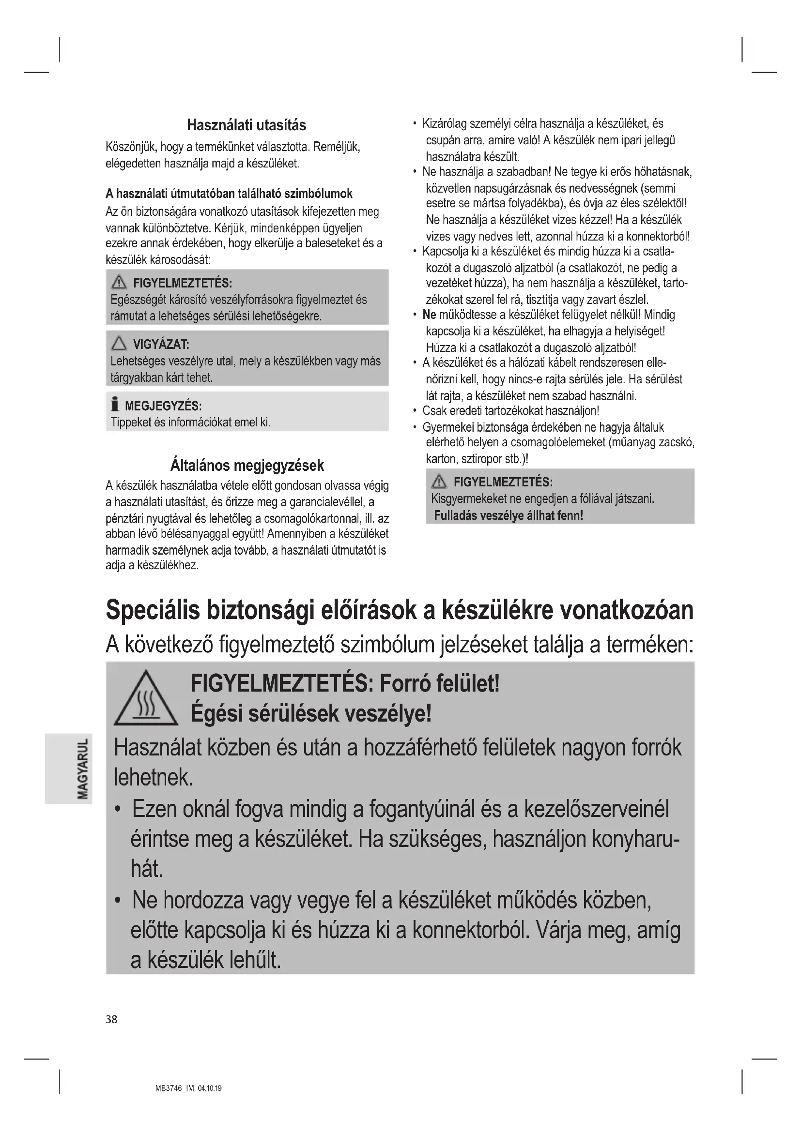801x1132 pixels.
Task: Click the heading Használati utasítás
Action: [246, 125]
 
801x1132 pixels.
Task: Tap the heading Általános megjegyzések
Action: [246, 465]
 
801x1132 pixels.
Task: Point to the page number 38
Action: [111, 1020]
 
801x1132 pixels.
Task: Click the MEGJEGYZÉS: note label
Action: [163, 406]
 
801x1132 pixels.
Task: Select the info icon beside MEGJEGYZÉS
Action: [115, 405]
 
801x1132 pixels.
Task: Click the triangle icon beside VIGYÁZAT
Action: [119, 343]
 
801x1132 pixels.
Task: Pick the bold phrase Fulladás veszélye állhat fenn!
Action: [508, 516]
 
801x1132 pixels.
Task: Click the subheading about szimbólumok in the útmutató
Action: [229, 194]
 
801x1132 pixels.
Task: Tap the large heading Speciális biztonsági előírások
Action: [400, 610]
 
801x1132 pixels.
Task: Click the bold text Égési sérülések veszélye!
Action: [311, 713]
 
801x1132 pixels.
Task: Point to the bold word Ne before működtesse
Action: [429, 315]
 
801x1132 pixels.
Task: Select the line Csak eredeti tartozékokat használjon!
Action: [510, 411]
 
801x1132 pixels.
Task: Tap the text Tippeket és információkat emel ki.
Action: [190, 423]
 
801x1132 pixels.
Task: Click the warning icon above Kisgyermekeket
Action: [439, 482]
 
